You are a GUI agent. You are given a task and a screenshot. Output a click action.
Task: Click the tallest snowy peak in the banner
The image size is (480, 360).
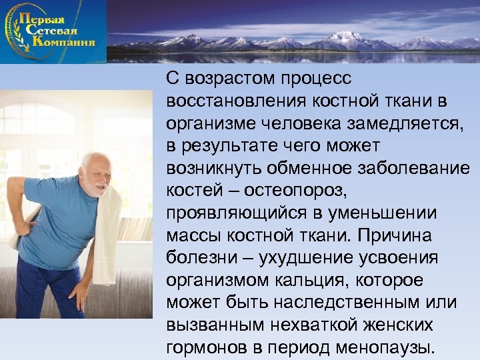[x=347, y=37]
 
